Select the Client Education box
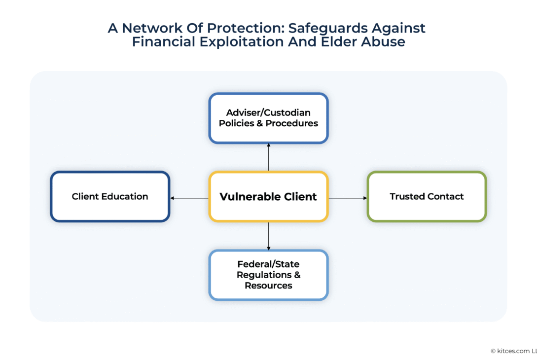(x=110, y=196)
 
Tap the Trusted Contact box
(x=427, y=196)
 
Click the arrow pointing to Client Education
(x=189, y=198)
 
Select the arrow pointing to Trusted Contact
(x=348, y=198)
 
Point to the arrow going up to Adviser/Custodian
(x=269, y=157)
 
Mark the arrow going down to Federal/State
(x=269, y=236)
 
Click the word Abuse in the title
(x=386, y=42)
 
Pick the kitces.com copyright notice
(x=513, y=351)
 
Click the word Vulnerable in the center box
(x=250, y=197)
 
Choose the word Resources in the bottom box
(x=268, y=286)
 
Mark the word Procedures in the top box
(x=292, y=123)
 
